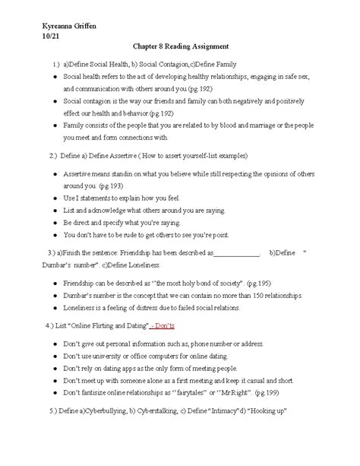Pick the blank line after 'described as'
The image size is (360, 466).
[x=238, y=253]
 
